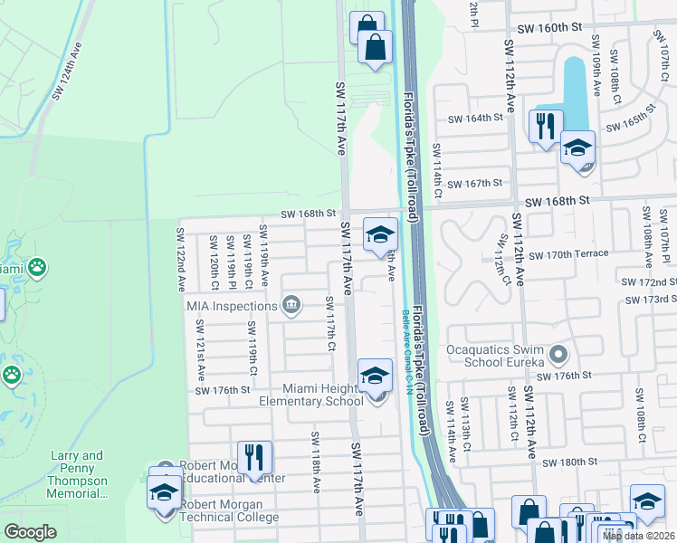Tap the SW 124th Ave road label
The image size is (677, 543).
(x=68, y=71)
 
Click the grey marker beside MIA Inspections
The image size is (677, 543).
(x=291, y=305)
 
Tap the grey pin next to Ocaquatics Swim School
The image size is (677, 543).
(x=558, y=354)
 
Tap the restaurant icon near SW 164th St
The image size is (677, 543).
(x=545, y=126)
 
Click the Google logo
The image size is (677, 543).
(x=30, y=532)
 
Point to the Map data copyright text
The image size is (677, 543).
(x=639, y=536)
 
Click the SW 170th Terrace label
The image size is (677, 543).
(x=568, y=254)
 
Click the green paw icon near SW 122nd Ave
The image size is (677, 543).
(x=37, y=267)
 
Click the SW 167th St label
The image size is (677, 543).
(x=474, y=184)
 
